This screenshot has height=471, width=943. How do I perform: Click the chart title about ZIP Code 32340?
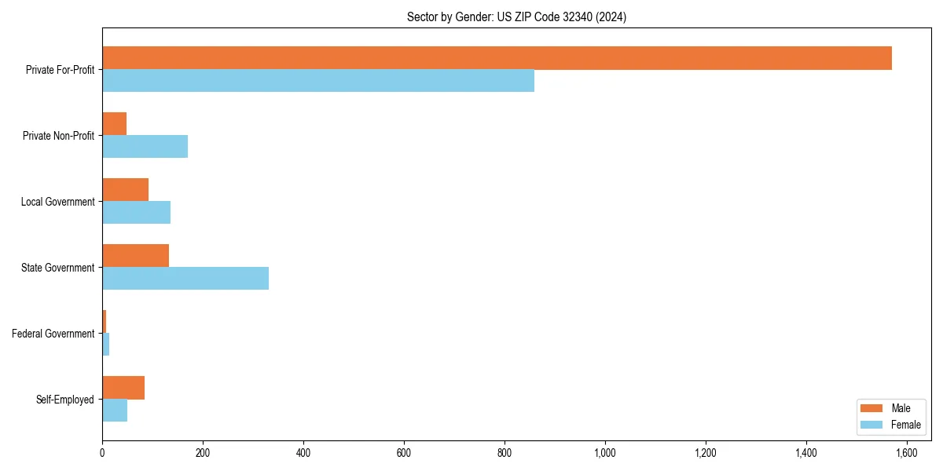pyautogui.click(x=516, y=16)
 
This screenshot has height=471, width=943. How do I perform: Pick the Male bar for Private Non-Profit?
pyautogui.click(x=114, y=124)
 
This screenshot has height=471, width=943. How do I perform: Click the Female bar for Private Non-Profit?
pyautogui.click(x=145, y=147)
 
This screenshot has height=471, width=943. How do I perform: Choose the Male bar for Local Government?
pyautogui.click(x=125, y=190)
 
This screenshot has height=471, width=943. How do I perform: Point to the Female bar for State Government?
pyautogui.click(x=185, y=279)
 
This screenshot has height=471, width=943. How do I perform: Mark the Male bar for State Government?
pyautogui.click(x=135, y=256)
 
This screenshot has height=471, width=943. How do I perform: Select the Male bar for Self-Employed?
pyautogui.click(x=123, y=388)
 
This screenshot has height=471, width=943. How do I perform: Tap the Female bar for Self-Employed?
pyautogui.click(x=115, y=411)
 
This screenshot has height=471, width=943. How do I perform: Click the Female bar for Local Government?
pyautogui.click(x=136, y=213)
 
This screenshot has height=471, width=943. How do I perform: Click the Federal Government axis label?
pyautogui.click(x=53, y=334)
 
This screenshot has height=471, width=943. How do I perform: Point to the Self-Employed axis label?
pyautogui.click(x=64, y=400)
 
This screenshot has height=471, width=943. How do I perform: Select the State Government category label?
pyautogui.click(x=57, y=268)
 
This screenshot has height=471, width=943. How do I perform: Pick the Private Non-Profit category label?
pyautogui.click(x=58, y=136)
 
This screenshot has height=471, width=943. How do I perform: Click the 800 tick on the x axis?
pyautogui.click(x=505, y=453)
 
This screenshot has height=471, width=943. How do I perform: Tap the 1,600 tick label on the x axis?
pyautogui.click(x=907, y=453)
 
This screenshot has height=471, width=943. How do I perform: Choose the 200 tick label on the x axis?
pyautogui.click(x=203, y=453)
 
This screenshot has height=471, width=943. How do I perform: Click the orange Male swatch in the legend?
pyautogui.click(x=871, y=408)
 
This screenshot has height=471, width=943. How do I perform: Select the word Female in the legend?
pyautogui.click(x=905, y=425)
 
